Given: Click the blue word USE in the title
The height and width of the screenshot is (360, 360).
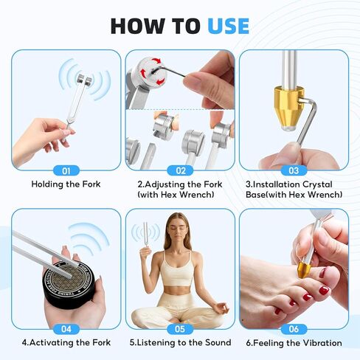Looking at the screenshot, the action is tap(229, 26).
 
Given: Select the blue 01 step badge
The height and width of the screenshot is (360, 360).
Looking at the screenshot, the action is tap(66, 170).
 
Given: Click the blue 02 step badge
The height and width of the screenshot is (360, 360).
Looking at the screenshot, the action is tap(180, 170).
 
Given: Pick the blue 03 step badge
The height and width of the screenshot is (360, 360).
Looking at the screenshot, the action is tap(294, 170).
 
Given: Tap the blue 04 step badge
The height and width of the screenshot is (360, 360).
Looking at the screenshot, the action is tap(66, 329).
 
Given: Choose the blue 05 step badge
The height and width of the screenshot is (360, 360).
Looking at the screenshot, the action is tap(180, 329).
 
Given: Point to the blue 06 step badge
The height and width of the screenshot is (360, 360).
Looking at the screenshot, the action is tap(294, 329).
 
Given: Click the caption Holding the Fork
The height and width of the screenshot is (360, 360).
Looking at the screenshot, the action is tap(66, 184).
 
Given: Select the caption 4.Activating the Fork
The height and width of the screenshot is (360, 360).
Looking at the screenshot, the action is tap(66, 342).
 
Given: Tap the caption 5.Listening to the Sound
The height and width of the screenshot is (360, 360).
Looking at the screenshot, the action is tap(180, 342).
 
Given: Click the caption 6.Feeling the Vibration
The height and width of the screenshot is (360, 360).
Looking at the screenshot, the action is tap(294, 343).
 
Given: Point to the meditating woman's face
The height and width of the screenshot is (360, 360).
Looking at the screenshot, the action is tap(179, 229).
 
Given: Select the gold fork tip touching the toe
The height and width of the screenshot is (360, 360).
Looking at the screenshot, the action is tap(305, 270).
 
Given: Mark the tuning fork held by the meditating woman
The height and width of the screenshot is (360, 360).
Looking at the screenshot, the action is tap(145, 238).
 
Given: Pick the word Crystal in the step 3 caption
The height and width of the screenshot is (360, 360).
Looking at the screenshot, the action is tap(317, 184).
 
